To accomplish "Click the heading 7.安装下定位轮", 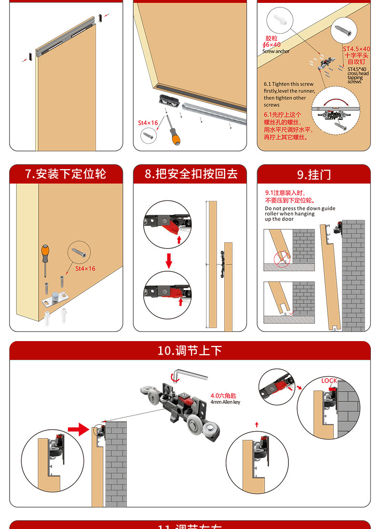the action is (x=66, y=174).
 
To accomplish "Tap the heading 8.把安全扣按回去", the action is (x=191, y=174).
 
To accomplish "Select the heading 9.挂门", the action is (x=313, y=174).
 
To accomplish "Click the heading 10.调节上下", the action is (x=190, y=350).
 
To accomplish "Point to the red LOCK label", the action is (x=329, y=381).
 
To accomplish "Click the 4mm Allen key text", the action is (x=225, y=402).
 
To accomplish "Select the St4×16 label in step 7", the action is (x=85, y=268).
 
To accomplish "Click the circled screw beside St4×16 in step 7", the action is (x=80, y=251).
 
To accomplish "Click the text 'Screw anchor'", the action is (x=276, y=51).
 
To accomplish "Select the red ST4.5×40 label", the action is (x=356, y=49).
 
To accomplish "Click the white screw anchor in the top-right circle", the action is (x=281, y=20).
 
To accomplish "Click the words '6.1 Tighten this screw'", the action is (x=288, y=84).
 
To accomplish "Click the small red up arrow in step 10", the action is (x=257, y=424).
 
